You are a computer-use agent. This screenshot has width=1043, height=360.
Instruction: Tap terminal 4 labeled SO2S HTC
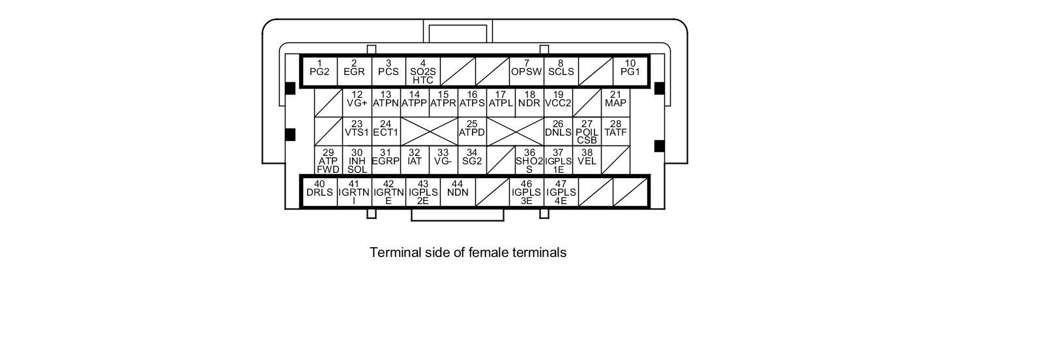tap(423, 71)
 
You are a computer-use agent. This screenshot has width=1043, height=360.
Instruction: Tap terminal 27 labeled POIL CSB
tap(587, 131)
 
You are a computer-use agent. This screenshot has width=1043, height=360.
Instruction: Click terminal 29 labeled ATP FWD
tap(329, 160)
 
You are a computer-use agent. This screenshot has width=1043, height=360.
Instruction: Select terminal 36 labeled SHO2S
tap(529, 160)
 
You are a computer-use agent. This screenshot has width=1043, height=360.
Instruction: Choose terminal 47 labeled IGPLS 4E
tap(561, 192)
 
